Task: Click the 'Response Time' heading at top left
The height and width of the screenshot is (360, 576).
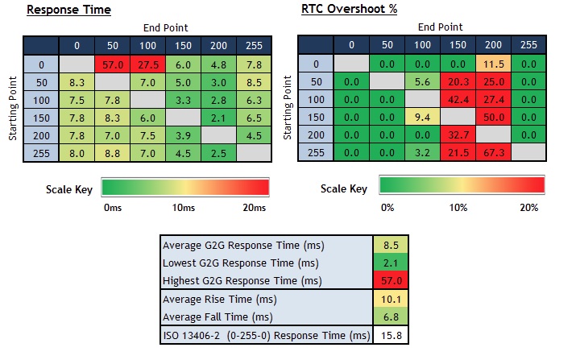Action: point(68,10)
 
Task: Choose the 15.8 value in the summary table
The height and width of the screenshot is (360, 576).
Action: point(385,334)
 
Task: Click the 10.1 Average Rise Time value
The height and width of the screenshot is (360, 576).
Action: point(385,299)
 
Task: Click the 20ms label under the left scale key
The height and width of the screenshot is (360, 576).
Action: point(254,208)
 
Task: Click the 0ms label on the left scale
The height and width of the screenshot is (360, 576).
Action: point(114,208)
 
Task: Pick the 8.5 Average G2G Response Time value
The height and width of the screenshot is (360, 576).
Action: point(385,245)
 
